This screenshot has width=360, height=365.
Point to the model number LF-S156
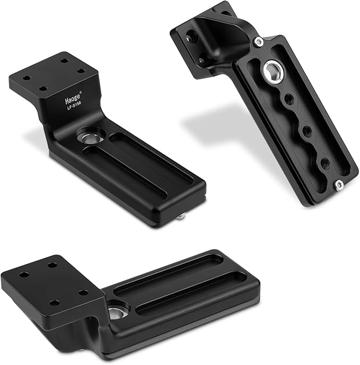point(73,106)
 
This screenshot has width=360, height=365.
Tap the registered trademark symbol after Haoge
point(81,92)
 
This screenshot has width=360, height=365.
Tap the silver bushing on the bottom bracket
point(118,312)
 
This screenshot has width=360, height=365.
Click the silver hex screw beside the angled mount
point(259,42)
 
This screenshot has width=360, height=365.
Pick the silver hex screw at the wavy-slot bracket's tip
point(339,185)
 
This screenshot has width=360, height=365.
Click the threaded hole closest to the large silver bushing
point(289,99)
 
